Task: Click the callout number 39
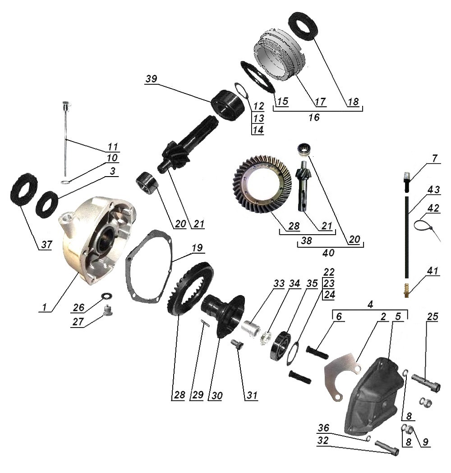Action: coord(152,79)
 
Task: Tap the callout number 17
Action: coord(320,102)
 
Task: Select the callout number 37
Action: coord(47,244)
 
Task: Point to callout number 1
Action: coord(44,307)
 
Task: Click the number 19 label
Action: coord(197,248)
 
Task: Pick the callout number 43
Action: coord(433,190)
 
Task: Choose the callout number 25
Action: coord(433,316)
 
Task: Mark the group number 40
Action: coord(328,252)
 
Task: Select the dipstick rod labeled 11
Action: coord(65,139)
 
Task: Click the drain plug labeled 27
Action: coord(106,311)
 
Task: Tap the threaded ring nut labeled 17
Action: coord(279,55)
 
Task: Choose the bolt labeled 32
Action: coord(387,448)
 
